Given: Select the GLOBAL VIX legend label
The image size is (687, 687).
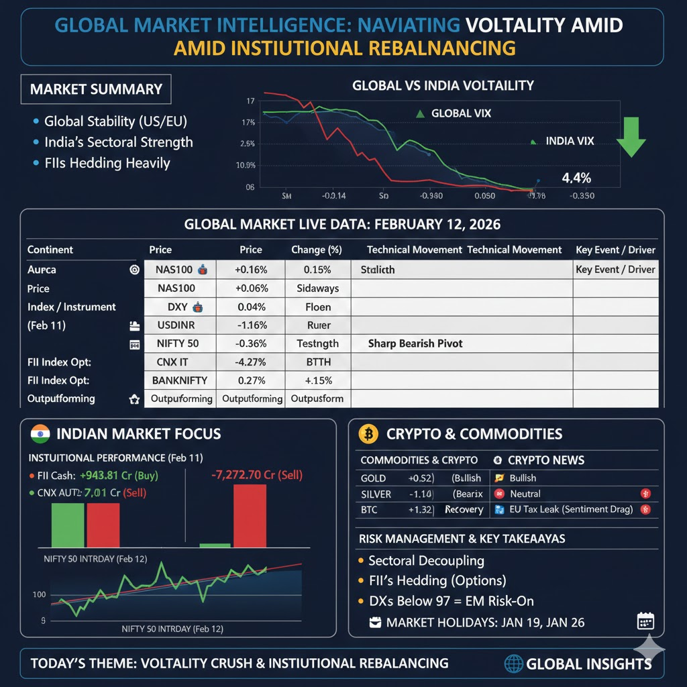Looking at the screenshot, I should pyautogui.click(x=461, y=113).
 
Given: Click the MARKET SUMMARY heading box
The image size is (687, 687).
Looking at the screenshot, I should pyautogui.click(x=96, y=89).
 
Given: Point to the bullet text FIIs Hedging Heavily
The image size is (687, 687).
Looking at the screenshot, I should pyautogui.click(x=107, y=163).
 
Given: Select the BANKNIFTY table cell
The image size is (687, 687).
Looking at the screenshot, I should pyautogui.click(x=179, y=380).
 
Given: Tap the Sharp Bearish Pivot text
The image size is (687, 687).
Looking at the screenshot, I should pyautogui.click(x=415, y=343).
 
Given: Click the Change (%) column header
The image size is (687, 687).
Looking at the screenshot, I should pyautogui.click(x=317, y=250).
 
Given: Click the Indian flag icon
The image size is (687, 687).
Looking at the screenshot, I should pyautogui.click(x=41, y=433).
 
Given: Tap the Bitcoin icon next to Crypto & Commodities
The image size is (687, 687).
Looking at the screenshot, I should pyautogui.click(x=368, y=434).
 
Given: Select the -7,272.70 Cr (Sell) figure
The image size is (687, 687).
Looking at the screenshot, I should pyautogui.click(x=256, y=475).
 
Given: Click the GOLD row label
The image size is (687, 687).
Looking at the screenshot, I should pyautogui.click(x=373, y=478).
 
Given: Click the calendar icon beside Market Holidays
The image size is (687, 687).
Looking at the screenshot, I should pyautogui.click(x=645, y=621).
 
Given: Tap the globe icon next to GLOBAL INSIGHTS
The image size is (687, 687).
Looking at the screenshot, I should pyautogui.click(x=513, y=664).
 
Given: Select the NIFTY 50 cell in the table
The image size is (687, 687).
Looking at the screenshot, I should pyautogui.click(x=179, y=343).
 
